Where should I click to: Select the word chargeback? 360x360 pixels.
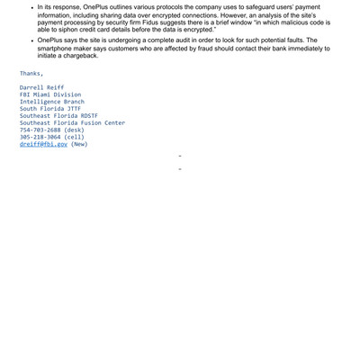click(90, 55)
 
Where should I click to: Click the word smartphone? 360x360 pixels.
click(55, 48)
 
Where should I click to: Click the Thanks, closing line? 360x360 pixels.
click(31, 73)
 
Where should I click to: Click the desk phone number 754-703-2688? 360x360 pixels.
click(40, 130)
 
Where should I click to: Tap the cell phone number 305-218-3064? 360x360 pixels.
click(40, 137)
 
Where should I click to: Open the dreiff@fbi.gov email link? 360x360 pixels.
click(43, 144)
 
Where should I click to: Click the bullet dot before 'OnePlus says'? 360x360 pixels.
click(31, 41)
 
